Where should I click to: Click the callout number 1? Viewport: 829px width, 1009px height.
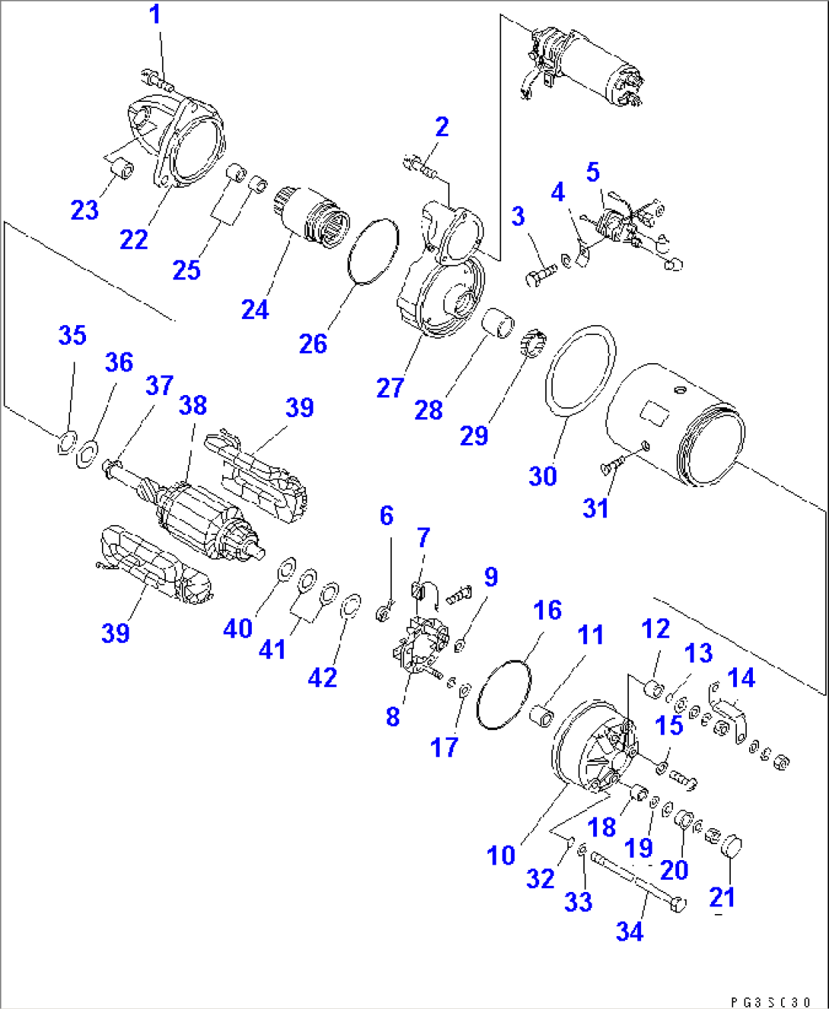(x=155, y=14)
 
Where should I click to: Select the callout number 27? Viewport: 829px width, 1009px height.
(x=389, y=388)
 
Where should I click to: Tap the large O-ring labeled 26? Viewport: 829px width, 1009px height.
(x=373, y=252)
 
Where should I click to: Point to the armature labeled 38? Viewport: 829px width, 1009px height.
(x=199, y=511)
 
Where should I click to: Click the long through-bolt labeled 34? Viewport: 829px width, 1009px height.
(x=637, y=881)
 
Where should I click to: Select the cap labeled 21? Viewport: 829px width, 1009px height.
(x=731, y=846)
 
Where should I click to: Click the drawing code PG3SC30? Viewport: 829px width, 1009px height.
(x=770, y=1002)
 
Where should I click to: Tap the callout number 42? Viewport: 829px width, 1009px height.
(x=322, y=677)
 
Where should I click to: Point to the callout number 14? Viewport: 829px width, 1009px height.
(x=742, y=678)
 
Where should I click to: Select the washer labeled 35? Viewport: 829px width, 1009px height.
(x=67, y=441)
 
